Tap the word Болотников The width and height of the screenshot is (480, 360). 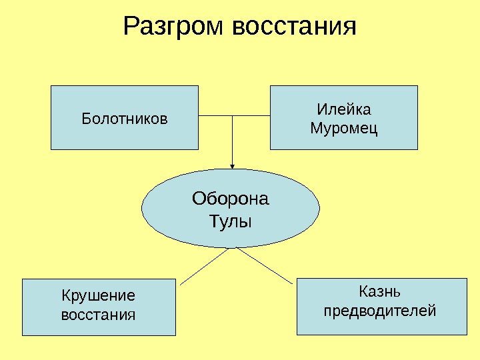coord(125,119)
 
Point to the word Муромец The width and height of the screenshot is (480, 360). coord(344,127)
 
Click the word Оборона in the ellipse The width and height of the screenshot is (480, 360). coord(231,199)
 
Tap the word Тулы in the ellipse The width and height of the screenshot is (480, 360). coord(231,221)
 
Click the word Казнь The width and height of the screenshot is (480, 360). coord(379,291)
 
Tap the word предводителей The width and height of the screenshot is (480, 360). coord(379,310)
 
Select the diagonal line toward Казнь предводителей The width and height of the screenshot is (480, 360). coord(265,266)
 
